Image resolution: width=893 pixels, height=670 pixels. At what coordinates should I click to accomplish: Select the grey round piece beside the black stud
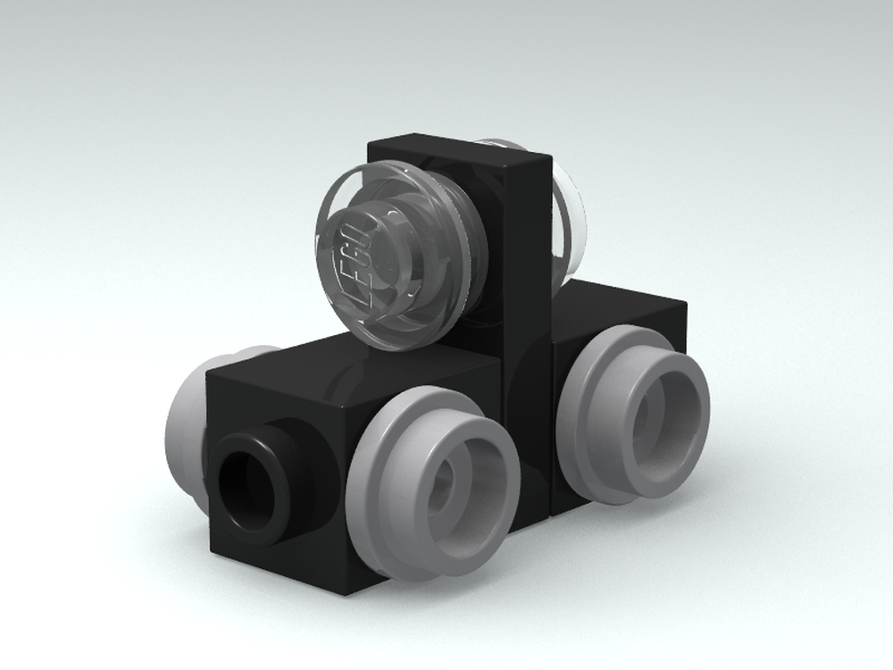[x=434, y=477]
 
